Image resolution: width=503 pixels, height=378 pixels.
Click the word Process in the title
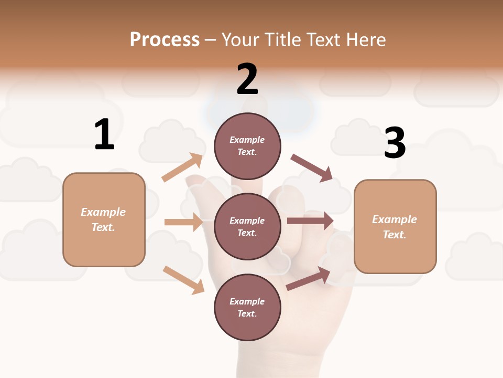[165, 40]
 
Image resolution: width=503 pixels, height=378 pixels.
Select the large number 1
[104, 134]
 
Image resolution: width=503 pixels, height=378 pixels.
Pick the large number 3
[395, 143]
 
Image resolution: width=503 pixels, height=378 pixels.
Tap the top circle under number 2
[248, 146]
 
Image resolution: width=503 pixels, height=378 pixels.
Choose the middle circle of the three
[248, 226]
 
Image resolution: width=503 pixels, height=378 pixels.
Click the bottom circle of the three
[248, 307]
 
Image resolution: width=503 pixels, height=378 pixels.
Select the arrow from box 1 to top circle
[182, 168]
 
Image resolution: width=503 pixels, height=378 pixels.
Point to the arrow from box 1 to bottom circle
[183, 279]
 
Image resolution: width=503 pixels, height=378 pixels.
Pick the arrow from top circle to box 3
[311, 167]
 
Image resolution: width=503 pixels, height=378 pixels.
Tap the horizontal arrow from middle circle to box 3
[310, 221]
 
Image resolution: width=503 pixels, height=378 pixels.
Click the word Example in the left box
[103, 212]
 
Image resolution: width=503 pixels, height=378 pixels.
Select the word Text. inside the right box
[395, 235]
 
